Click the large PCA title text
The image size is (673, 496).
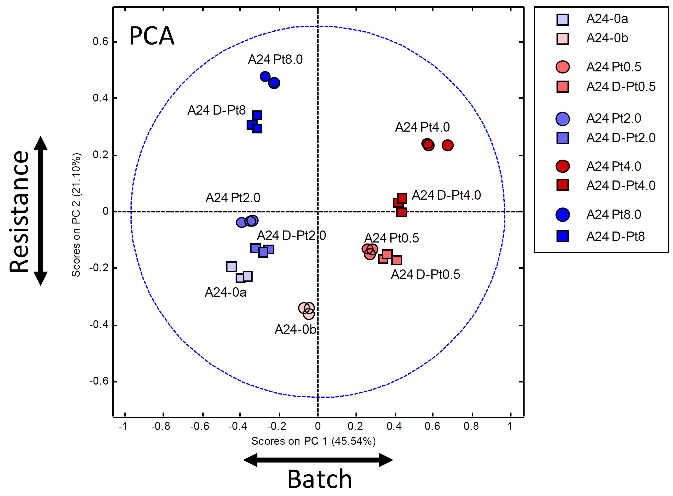(x=152, y=36)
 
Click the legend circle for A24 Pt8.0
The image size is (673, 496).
(x=563, y=215)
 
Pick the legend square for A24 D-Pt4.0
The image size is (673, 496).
(x=563, y=185)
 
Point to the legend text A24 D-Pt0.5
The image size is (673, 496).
(x=621, y=87)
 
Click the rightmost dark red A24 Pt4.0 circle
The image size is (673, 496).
(x=447, y=145)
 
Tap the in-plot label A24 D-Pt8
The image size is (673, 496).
(x=216, y=110)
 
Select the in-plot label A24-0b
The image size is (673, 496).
(x=295, y=330)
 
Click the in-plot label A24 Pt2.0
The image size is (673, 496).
(x=233, y=198)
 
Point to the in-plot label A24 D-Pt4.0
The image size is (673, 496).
(x=446, y=195)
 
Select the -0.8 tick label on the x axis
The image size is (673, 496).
(x=161, y=426)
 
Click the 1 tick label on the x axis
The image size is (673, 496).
(x=510, y=426)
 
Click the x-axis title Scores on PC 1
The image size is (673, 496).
(x=313, y=441)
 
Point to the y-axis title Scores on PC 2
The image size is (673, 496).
(x=76, y=215)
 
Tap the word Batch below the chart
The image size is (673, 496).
(x=319, y=480)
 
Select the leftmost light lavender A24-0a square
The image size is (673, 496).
(x=231, y=267)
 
